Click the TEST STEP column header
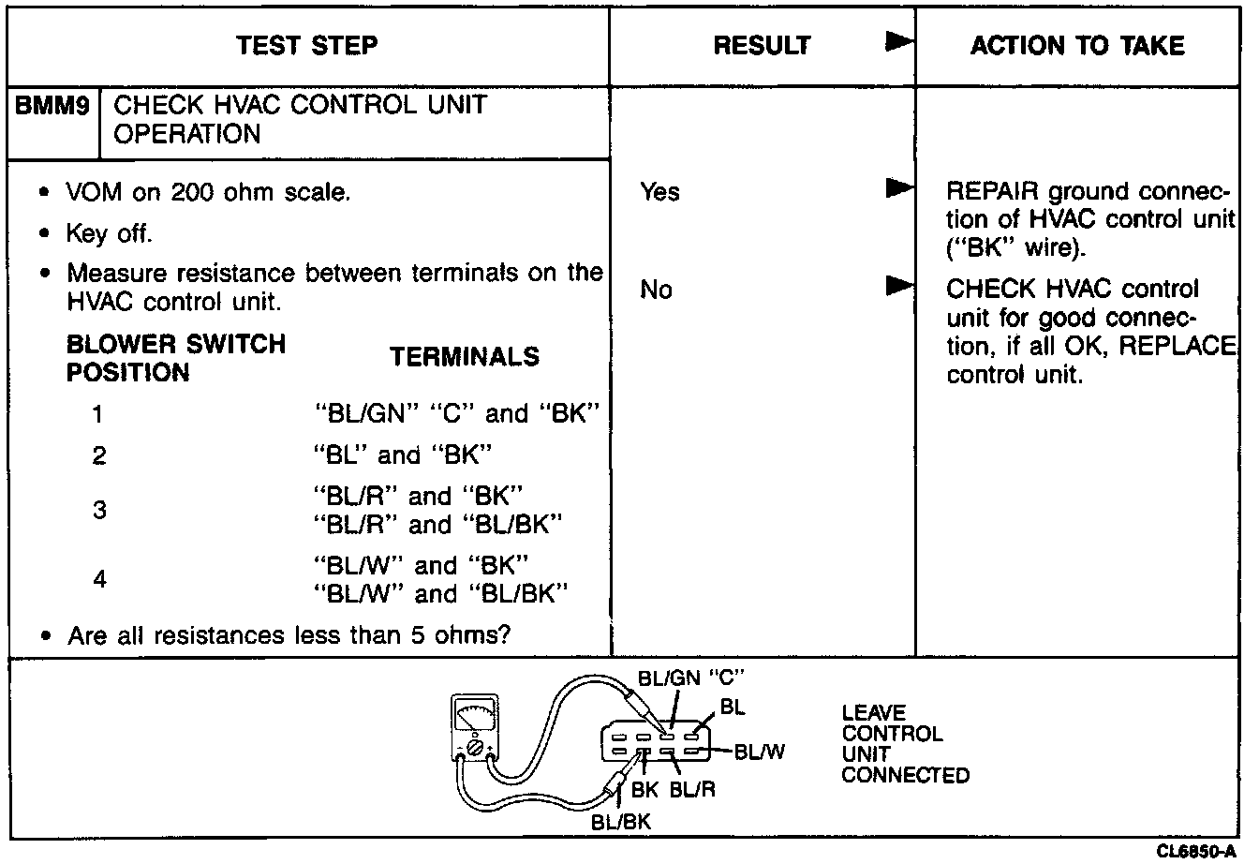[x=307, y=45]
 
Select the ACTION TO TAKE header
[x=1077, y=45]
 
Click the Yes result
[x=659, y=192]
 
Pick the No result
[x=656, y=290]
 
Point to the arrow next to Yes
[x=899, y=190]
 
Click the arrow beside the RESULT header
[x=899, y=43]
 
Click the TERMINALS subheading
[x=465, y=357]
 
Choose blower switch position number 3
[x=99, y=512]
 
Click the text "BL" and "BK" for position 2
[x=402, y=455]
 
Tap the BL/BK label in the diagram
[x=620, y=822]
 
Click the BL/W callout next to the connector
[x=760, y=751]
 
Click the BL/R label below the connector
[x=692, y=790]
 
